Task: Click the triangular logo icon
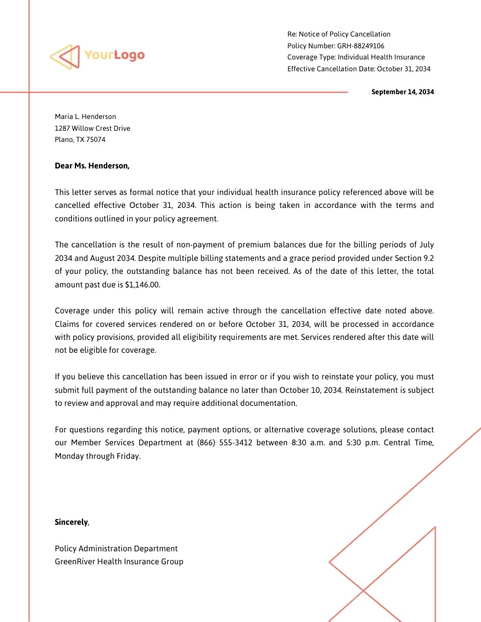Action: pyautogui.click(x=64, y=57)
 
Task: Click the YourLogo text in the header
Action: pyautogui.click(x=114, y=55)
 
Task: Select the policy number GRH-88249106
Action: pyautogui.click(x=360, y=46)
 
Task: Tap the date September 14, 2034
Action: pyautogui.click(x=402, y=92)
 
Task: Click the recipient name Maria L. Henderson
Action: pyautogui.click(x=85, y=117)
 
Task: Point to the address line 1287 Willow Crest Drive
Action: pyautogui.click(x=93, y=128)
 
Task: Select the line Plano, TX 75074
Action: pyautogui.click(x=80, y=140)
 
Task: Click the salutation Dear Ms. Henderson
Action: pyautogui.click(x=92, y=166)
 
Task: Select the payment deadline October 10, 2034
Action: pyautogui.click(x=310, y=390)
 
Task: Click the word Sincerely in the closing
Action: pyautogui.click(x=71, y=522)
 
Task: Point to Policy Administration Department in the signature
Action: pyautogui.click(x=116, y=548)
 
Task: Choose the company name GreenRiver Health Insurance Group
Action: pyautogui.click(x=119, y=561)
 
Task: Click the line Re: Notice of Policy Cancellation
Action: pyautogui.click(x=339, y=34)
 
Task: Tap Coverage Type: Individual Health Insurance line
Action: pyautogui.click(x=356, y=57)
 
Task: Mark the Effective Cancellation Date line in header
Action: pyautogui.click(x=359, y=69)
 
